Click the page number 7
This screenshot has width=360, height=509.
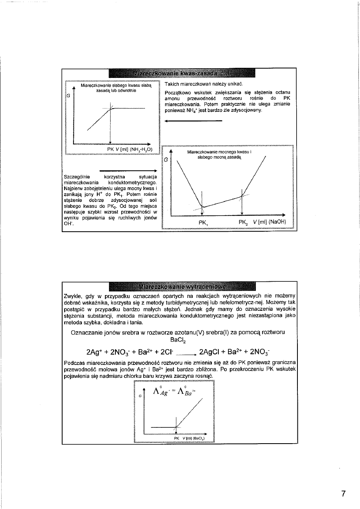click(343, 493)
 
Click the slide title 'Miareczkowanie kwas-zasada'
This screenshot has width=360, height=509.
click(182, 74)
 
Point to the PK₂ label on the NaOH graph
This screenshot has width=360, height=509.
click(243, 222)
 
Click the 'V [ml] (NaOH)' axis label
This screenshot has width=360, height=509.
click(270, 222)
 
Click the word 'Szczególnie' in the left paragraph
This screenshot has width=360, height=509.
click(77, 176)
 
